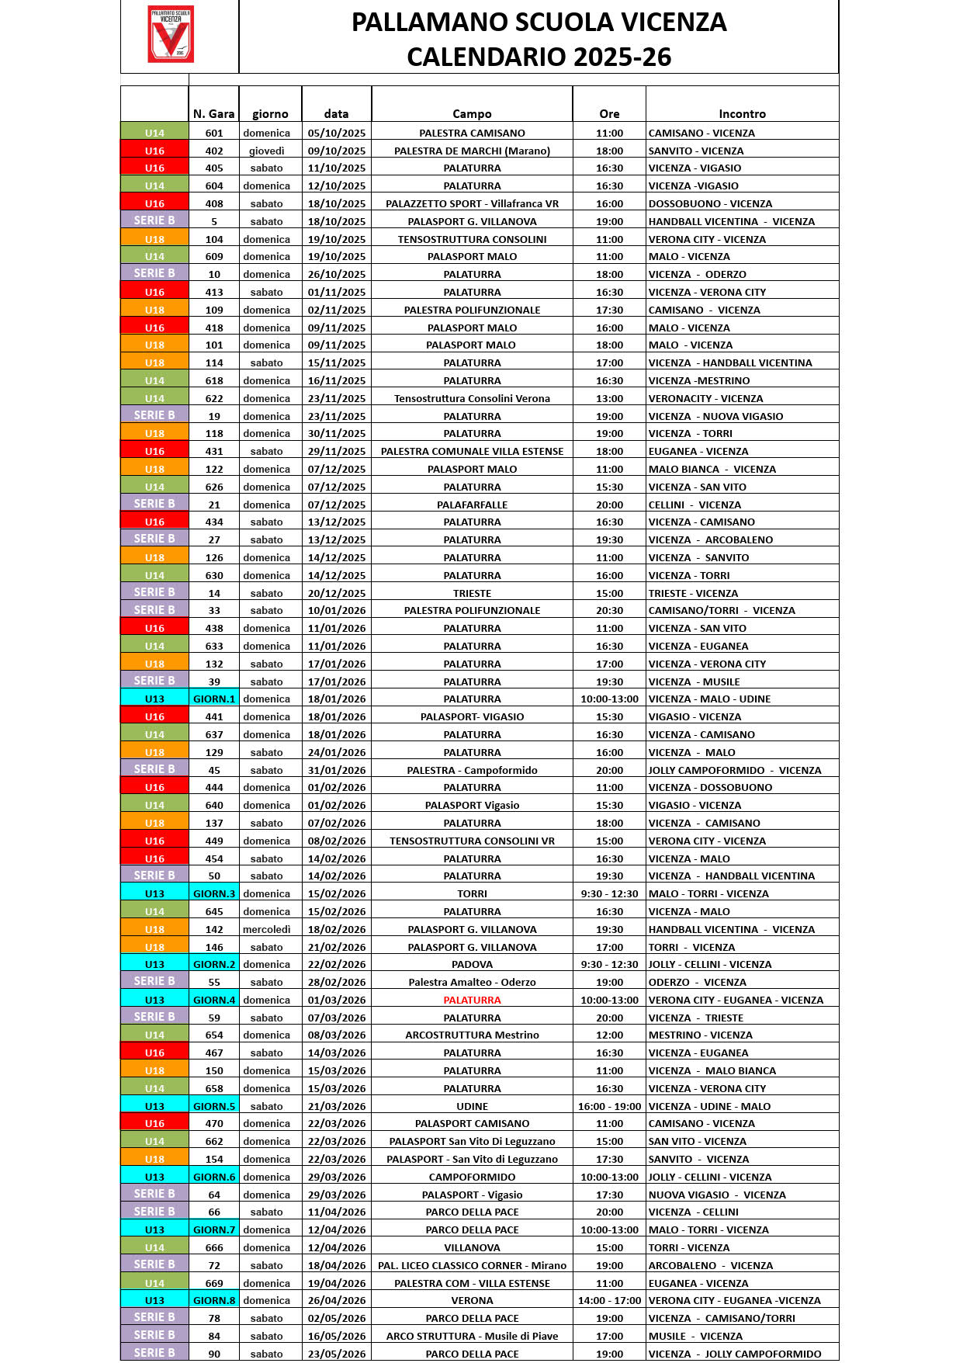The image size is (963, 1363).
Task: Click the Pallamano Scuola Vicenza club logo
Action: click(x=171, y=34)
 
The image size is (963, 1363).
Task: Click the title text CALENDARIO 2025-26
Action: click(x=539, y=57)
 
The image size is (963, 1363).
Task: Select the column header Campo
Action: click(x=472, y=113)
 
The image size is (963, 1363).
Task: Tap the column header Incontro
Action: click(x=742, y=113)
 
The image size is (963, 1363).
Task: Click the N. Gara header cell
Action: click(x=213, y=113)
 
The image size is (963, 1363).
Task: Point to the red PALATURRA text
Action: click(x=472, y=1000)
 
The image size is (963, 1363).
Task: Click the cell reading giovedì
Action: click(x=266, y=151)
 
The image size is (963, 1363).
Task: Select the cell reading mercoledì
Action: click(x=266, y=929)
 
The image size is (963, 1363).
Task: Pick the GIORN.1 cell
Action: click(x=213, y=699)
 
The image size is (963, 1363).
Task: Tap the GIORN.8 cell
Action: click(x=213, y=1300)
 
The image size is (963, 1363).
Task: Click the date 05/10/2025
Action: click(x=336, y=133)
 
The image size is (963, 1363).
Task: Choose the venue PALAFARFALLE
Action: click(x=472, y=505)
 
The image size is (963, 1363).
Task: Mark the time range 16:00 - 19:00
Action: click(x=609, y=1106)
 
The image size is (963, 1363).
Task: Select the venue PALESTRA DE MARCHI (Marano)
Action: click(x=472, y=151)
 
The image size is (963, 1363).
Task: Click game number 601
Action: click(x=213, y=133)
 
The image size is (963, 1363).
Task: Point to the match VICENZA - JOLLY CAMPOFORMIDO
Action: click(x=735, y=1354)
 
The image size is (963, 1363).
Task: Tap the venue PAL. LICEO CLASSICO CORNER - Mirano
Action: click(x=472, y=1265)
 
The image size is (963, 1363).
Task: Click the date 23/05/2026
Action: click(x=336, y=1354)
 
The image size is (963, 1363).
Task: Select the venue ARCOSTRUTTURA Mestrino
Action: click(x=472, y=1035)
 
